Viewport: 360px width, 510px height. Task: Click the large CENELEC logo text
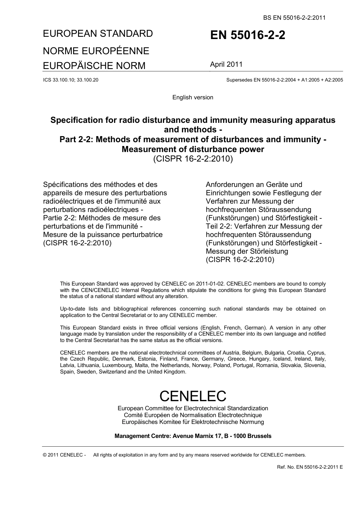tap(193, 396)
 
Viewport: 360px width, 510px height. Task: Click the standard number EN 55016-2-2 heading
tap(248, 35)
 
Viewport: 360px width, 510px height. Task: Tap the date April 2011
tap(226, 64)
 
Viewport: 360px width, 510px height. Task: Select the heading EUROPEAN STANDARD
tap(98, 34)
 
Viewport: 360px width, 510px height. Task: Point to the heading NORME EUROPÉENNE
tap(96, 51)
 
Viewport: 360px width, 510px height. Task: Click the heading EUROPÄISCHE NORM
tap(94, 66)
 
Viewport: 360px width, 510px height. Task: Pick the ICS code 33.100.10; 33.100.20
tap(71, 80)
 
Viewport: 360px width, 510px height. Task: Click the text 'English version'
tap(193, 97)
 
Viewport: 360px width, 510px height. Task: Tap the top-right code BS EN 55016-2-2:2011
tap(294, 17)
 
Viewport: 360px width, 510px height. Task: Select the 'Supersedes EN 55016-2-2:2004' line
tap(284, 80)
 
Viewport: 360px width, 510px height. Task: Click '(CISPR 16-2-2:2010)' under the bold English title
tap(193, 159)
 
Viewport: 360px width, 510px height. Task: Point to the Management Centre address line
tap(193, 436)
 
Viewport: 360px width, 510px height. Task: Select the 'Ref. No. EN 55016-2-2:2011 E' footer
tap(310, 467)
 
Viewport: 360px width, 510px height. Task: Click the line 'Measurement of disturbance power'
tap(193, 149)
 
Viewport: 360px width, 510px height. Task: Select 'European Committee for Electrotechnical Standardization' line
tap(193, 408)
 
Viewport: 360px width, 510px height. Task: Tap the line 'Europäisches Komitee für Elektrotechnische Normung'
tap(193, 422)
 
